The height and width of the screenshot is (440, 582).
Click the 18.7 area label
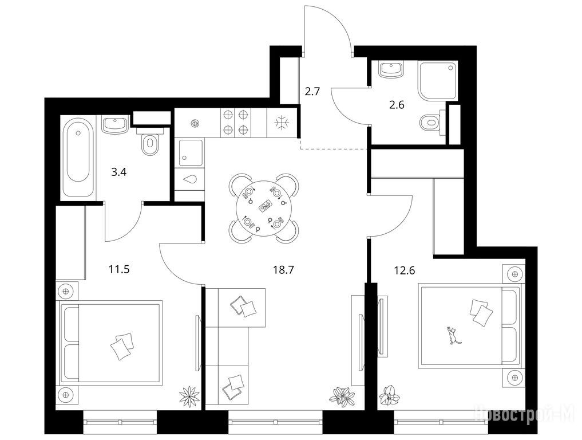(x=284, y=270)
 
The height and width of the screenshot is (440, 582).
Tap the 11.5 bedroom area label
(x=119, y=269)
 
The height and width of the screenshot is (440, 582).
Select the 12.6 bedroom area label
(x=405, y=270)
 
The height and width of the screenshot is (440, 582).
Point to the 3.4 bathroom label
(x=119, y=172)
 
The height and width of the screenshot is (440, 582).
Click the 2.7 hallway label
(x=312, y=91)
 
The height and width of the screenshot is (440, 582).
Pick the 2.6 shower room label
(x=397, y=105)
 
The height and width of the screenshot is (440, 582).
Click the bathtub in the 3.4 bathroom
(x=78, y=157)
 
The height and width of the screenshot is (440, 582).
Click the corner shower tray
(x=438, y=80)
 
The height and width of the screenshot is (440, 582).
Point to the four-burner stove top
(x=236, y=122)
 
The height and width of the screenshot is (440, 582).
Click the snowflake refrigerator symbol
(x=282, y=123)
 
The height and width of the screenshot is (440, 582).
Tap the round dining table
(x=264, y=209)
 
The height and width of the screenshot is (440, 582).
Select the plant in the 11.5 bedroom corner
(x=189, y=395)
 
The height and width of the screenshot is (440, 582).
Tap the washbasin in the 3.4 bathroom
(x=115, y=124)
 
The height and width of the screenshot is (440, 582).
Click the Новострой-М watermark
(x=525, y=412)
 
